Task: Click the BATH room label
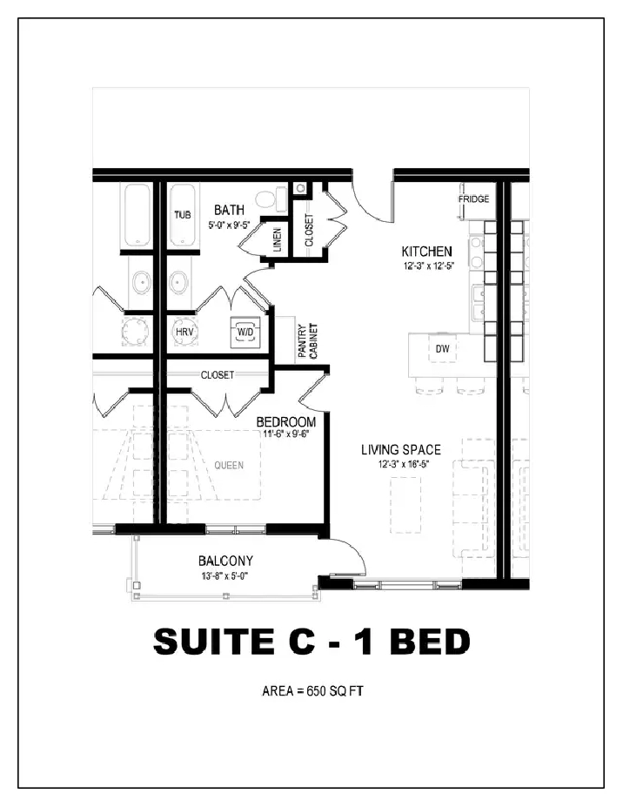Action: click(x=229, y=210)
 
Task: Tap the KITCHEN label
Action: click(x=427, y=252)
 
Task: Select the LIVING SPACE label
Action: click(x=401, y=450)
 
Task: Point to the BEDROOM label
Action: click(x=286, y=422)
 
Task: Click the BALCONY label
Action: click(x=226, y=561)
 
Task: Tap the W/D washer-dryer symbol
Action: click(x=245, y=333)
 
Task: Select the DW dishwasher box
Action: click(x=442, y=348)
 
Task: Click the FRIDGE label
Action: click(x=474, y=199)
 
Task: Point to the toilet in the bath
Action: click(x=271, y=199)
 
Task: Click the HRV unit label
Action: click(x=184, y=333)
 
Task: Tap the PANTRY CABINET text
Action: click(x=308, y=340)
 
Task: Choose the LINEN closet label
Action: click(x=278, y=239)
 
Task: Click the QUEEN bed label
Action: click(x=229, y=465)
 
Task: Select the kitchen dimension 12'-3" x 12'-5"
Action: click(x=429, y=266)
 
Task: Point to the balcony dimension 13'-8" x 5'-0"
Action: click(x=226, y=576)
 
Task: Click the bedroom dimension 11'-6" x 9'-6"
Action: click(x=285, y=434)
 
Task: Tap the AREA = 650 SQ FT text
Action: click(x=312, y=691)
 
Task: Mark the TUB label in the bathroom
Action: click(x=183, y=215)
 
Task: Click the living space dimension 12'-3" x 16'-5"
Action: click(x=404, y=464)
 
